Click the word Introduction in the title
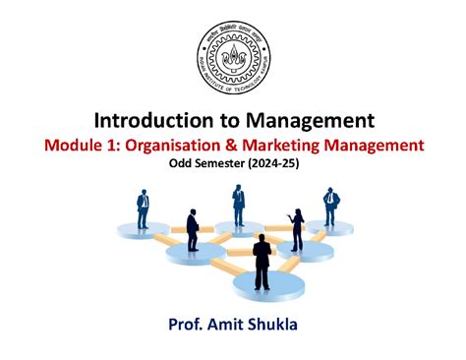pos(150,121)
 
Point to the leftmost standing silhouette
pos(144,212)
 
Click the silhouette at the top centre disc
pos(238,205)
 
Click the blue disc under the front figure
pos(261,289)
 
